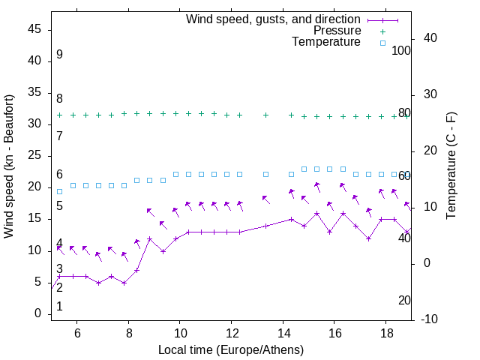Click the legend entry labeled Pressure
(x=337, y=31)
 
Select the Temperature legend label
(x=326, y=42)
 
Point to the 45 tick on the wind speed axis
(x=34, y=29)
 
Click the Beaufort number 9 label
(x=59, y=55)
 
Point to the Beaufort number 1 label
(x=59, y=307)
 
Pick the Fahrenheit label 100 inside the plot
(x=401, y=50)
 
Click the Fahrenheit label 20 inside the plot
(x=404, y=300)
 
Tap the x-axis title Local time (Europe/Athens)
(x=231, y=349)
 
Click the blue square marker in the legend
(x=382, y=43)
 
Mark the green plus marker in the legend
(x=382, y=31)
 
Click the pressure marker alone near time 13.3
(x=265, y=115)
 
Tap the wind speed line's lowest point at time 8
(x=124, y=283)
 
